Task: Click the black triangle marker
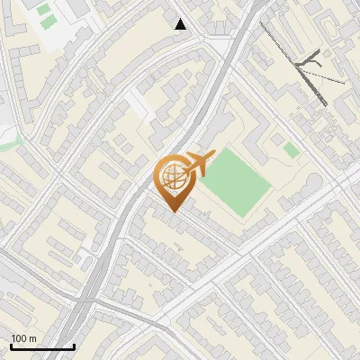[181, 24]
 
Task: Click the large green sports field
[235, 183]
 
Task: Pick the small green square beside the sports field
[291, 149]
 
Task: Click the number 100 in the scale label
[20, 339]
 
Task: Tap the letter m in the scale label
[32, 339]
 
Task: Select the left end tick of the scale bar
[11, 346]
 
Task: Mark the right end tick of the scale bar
[74, 346]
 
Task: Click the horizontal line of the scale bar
[42, 347]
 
